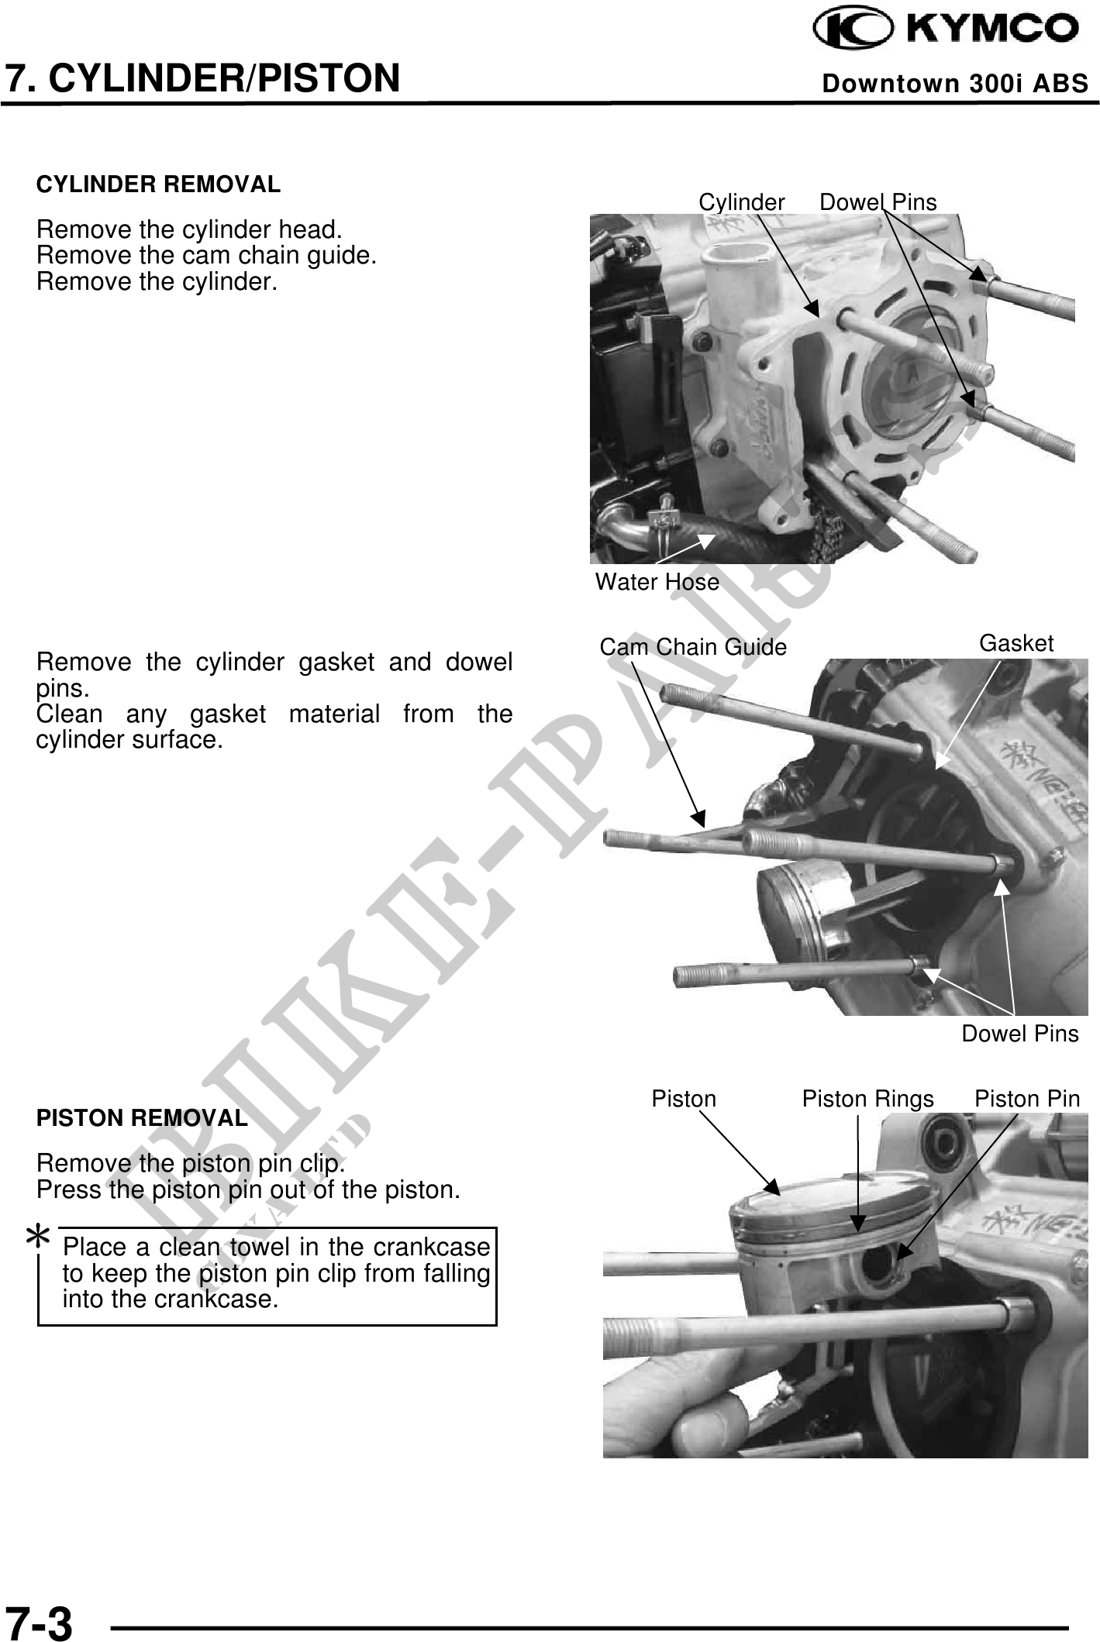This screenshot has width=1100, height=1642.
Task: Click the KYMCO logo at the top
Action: (945, 29)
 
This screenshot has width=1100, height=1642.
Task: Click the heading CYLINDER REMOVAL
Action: (158, 185)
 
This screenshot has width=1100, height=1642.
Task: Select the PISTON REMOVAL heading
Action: (142, 1119)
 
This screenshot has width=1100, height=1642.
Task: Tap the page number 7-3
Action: (39, 1621)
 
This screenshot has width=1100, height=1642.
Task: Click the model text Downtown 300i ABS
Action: (955, 84)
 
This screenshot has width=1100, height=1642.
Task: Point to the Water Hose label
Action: (657, 582)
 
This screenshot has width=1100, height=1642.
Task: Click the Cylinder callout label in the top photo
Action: (741, 203)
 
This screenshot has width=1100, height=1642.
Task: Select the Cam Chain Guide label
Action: (693, 647)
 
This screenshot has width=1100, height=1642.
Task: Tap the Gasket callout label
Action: (1016, 644)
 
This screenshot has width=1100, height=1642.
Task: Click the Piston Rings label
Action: (867, 1100)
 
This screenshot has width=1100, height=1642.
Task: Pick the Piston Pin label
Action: (1026, 1099)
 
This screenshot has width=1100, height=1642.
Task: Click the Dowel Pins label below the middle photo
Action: (1019, 1034)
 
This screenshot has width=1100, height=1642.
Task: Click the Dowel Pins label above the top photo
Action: (878, 203)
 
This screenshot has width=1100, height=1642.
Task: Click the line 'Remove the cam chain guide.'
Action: (206, 256)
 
